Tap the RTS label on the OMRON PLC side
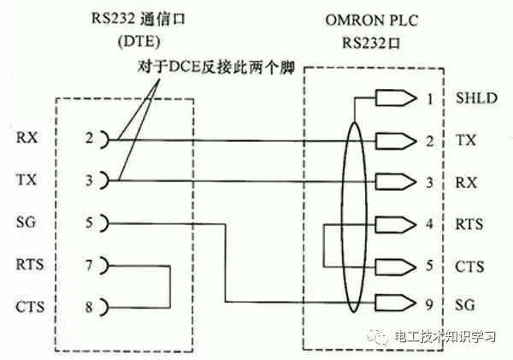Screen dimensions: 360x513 pos(469,225)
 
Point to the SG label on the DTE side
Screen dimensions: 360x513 pos(27,223)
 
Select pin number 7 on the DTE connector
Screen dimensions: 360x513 pos(88,265)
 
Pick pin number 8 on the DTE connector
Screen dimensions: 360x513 pos(88,305)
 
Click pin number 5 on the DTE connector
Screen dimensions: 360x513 pos(88,223)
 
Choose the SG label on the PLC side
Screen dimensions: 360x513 pos(466,305)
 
